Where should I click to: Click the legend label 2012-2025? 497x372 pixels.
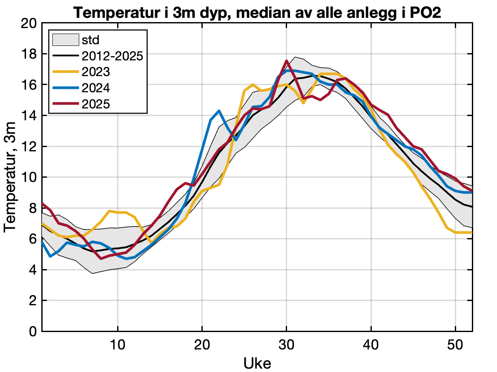pos(112,56)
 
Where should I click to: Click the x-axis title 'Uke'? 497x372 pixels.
pos(257,363)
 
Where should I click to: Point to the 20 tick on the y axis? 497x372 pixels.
pos(29,23)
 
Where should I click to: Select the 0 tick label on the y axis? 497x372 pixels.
pos(33,331)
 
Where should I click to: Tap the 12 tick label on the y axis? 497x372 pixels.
pos(29,146)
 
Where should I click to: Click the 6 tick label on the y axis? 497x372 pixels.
pos(33,239)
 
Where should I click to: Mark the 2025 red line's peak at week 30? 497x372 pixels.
pos(287,61)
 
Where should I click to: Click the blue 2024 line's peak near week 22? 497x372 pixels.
pos(219,111)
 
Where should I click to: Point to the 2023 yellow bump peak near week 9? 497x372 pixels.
pos(109,211)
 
